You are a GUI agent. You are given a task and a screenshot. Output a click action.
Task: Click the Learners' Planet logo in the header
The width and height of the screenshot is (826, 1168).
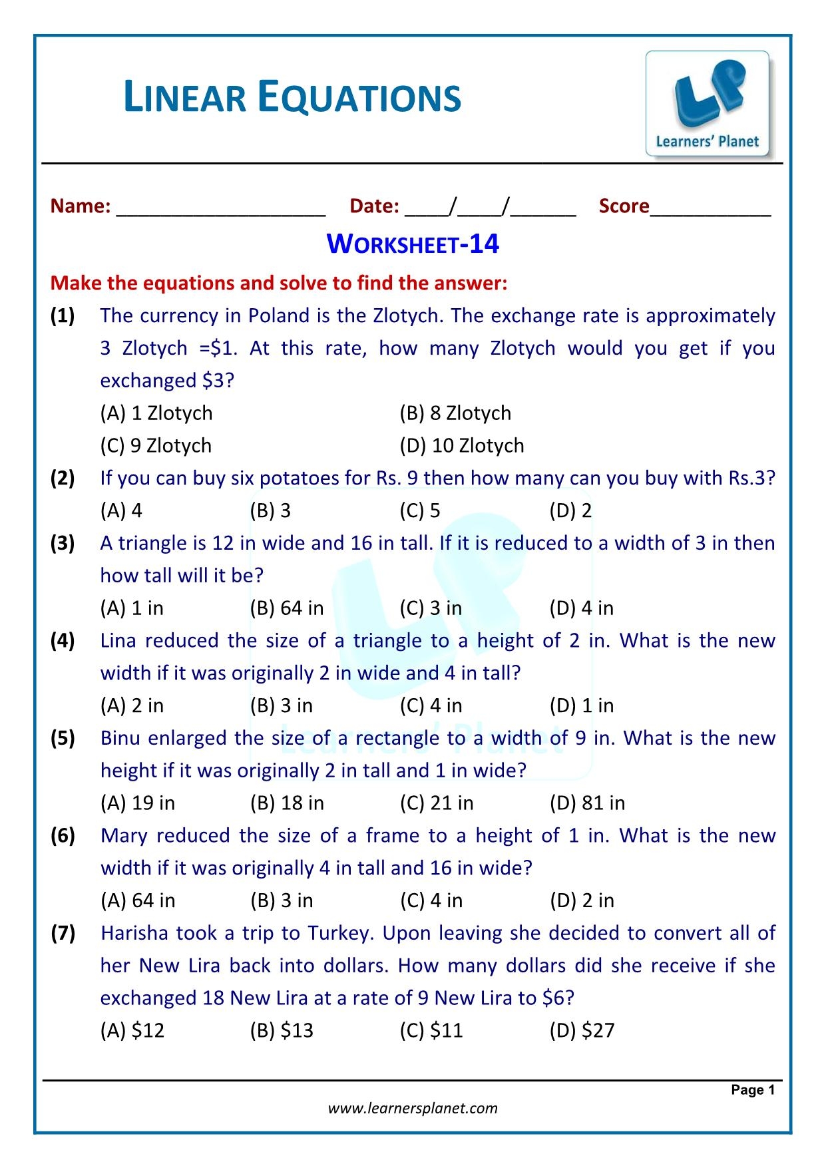coord(707,104)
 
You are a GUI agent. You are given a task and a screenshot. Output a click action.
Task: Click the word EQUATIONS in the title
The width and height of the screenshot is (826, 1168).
coord(359,98)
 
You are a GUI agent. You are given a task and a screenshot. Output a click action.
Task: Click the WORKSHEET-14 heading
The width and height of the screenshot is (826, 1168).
coord(413,244)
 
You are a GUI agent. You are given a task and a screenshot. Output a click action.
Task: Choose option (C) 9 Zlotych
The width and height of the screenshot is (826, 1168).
coord(156,445)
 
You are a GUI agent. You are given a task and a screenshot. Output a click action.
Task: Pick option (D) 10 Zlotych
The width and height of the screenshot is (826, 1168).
coord(461,445)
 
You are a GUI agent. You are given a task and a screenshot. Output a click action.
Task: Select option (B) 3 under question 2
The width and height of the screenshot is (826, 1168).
coord(270,510)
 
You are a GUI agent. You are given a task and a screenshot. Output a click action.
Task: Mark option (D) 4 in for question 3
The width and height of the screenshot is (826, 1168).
coord(581,608)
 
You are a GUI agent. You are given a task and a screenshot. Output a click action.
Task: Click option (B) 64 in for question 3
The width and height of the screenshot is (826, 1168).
coord(287,608)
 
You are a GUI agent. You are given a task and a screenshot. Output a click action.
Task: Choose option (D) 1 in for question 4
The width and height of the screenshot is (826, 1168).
coord(581,705)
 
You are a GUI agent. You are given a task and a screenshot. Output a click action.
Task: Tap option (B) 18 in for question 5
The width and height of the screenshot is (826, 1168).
coord(287,803)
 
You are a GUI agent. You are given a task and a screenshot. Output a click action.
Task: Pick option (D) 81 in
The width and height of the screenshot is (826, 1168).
coord(587,803)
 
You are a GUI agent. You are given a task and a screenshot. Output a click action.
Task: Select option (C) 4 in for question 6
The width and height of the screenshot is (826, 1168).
coord(431,900)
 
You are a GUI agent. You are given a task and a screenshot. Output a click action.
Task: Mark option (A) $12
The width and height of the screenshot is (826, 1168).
coord(132,1030)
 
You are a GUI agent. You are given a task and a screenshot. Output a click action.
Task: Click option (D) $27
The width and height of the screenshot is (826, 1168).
coord(582,1030)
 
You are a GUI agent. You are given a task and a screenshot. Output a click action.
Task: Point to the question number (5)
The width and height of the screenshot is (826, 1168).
coord(63,738)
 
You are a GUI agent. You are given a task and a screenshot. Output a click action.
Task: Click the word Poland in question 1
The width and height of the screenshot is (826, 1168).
coord(280,315)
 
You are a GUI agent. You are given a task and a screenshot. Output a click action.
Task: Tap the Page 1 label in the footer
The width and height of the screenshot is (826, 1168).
coord(753,1089)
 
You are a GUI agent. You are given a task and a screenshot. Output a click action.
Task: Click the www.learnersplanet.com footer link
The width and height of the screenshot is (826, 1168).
coord(413,1108)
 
